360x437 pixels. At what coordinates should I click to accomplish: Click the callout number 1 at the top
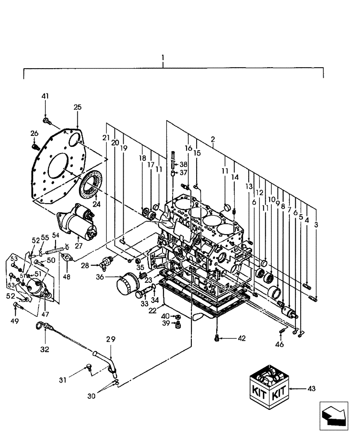(x=163, y=58)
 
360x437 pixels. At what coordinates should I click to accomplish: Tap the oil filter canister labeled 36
(x=128, y=286)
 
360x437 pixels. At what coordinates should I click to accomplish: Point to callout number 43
(x=312, y=388)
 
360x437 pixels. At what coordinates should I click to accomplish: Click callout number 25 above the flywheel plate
(x=77, y=107)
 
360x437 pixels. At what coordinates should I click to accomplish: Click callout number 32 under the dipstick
(x=45, y=349)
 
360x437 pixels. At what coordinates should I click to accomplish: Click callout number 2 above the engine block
(x=212, y=139)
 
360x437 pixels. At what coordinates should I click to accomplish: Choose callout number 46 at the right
(x=279, y=344)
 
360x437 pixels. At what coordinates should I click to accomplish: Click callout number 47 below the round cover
(x=45, y=314)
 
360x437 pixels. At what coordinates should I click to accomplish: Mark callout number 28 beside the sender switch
(x=84, y=265)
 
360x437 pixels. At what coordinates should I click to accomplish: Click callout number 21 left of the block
(x=106, y=138)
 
